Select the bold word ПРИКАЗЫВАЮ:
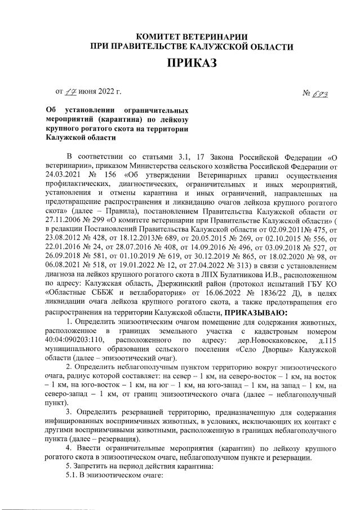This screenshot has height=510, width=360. click(256, 312)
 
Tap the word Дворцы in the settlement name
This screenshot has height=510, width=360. click(256, 349)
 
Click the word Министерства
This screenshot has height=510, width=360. click(150, 166)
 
